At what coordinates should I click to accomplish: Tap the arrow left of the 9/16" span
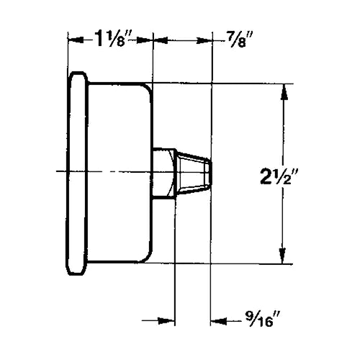pos(170,320)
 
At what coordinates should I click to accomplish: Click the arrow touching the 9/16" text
pos(215,320)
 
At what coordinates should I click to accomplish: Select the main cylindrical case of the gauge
pos(119,173)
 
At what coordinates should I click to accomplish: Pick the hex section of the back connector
pos(165,172)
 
